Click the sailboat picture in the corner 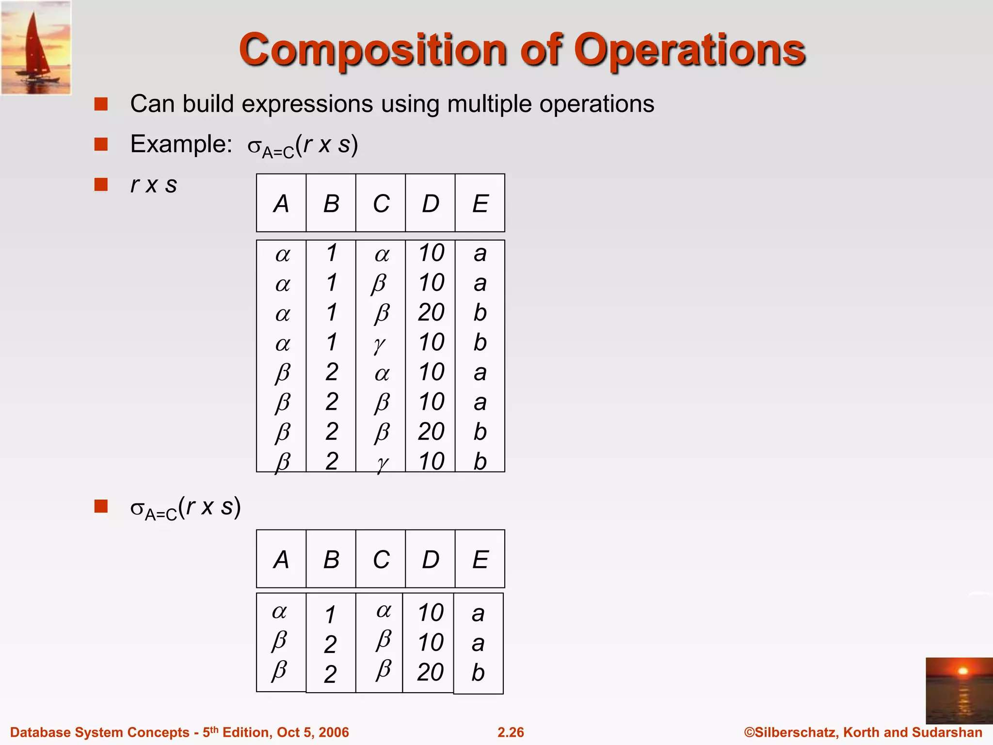[x=36, y=47]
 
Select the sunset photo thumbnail [x=959, y=690]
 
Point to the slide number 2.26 [x=511, y=732]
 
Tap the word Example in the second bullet [x=181, y=144]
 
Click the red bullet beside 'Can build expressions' [x=101, y=104]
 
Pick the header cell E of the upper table [x=480, y=203]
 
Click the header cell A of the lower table [x=281, y=559]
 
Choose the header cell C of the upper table [x=381, y=203]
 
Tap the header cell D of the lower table [x=431, y=559]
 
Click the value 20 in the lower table [x=431, y=672]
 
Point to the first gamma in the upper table [x=380, y=343]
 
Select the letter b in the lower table [x=478, y=673]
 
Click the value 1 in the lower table [x=330, y=615]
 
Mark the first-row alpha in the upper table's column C [x=382, y=254]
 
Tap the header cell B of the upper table [x=331, y=203]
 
